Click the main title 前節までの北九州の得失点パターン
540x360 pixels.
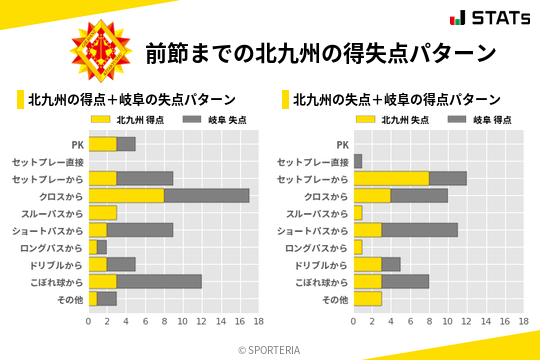[320, 53]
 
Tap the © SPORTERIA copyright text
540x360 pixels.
[270, 349]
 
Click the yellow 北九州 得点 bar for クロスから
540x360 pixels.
[126, 196]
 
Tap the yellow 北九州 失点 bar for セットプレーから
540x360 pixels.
[391, 178]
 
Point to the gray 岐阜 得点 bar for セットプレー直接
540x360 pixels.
[358, 161]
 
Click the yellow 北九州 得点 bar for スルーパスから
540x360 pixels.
[102, 213]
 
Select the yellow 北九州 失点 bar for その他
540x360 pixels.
[367, 298]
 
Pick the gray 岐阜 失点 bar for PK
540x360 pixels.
[126, 144]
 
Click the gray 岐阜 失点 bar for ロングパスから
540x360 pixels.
[102, 247]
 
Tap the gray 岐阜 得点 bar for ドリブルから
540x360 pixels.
[391, 264]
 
